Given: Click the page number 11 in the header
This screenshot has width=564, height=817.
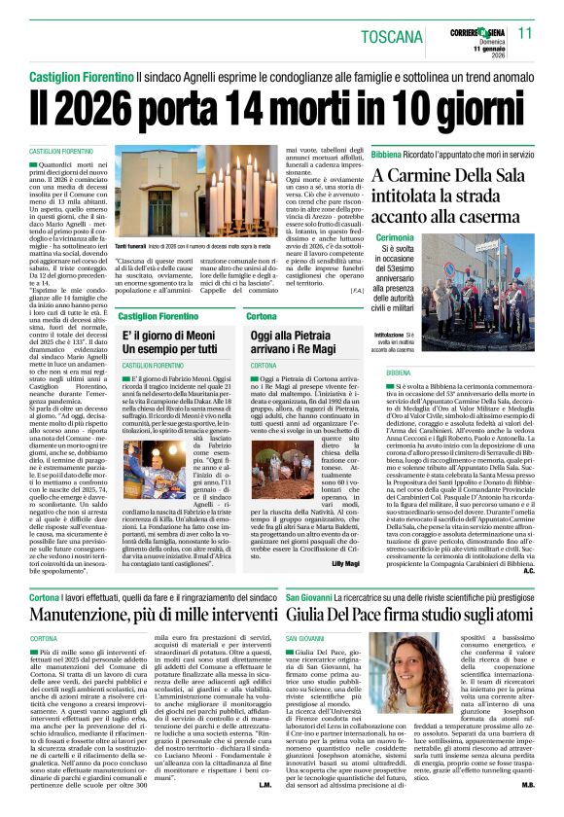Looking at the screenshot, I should tap(525, 33).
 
